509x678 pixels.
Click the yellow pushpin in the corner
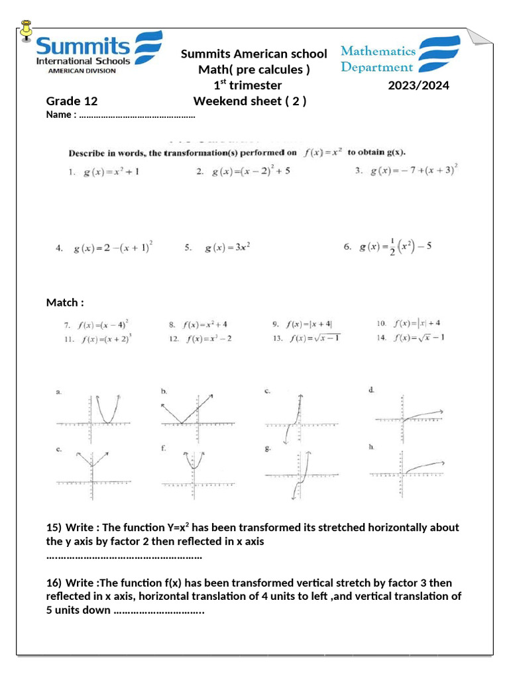(x=27, y=30)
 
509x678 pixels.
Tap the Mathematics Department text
(x=378, y=59)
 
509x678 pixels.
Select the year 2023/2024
(x=418, y=85)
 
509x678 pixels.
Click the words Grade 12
(x=72, y=101)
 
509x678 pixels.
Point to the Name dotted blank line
(x=137, y=115)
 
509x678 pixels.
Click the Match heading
(x=65, y=303)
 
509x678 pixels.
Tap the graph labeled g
(x=302, y=475)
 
